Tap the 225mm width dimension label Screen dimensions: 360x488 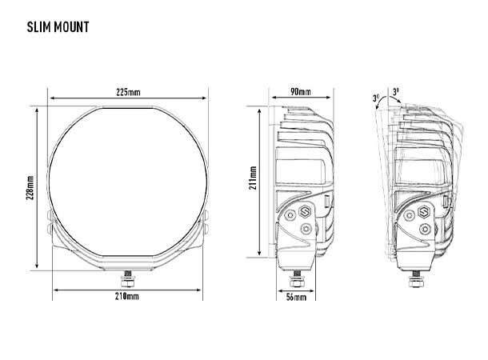pyautogui.click(x=128, y=92)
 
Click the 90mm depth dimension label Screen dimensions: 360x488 pyautogui.click(x=301, y=92)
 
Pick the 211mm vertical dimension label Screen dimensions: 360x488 pyautogui.click(x=253, y=181)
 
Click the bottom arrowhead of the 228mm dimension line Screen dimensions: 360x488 pyautogui.click(x=37, y=266)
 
